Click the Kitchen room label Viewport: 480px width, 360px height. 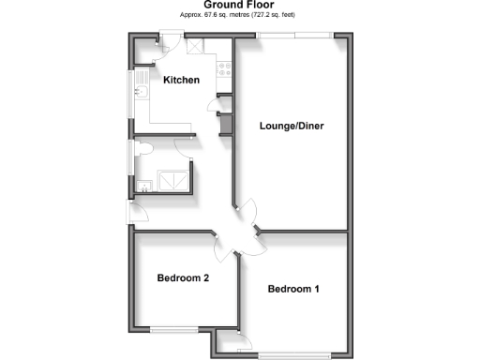point(182,81)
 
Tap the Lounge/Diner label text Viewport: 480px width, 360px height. point(292,126)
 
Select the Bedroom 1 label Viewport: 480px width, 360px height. point(293,289)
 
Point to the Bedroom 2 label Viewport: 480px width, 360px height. point(183,278)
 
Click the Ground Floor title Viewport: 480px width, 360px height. point(239,5)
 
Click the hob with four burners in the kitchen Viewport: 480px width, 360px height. point(225,67)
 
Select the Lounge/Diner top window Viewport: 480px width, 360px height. point(294,36)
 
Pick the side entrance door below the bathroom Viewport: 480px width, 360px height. point(132,212)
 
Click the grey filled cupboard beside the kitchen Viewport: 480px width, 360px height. point(225,124)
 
